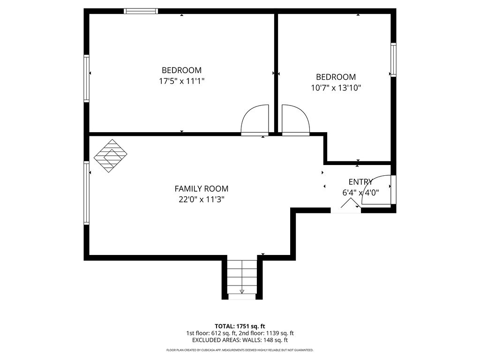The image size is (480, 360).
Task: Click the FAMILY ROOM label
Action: click(202, 188)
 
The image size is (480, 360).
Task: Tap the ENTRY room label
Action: click(360, 182)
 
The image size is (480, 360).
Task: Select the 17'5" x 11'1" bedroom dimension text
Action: click(181, 81)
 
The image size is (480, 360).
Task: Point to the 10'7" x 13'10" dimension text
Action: click(336, 88)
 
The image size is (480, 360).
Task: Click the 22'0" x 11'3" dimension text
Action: click(202, 200)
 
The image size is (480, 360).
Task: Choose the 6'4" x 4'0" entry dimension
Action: click(360, 193)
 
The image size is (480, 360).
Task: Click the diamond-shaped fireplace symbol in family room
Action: click(110, 156)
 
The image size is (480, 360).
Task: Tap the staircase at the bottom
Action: click(242, 277)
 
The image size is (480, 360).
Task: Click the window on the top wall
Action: click(141, 11)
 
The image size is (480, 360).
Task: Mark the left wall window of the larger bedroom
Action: click(87, 78)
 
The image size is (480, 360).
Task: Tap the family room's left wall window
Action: click(87, 193)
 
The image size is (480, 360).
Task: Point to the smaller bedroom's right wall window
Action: click(393, 60)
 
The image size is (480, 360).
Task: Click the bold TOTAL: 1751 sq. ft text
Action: click(240, 326)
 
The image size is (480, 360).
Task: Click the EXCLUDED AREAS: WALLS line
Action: click(240, 340)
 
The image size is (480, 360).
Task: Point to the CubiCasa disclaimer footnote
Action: click(240, 350)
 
